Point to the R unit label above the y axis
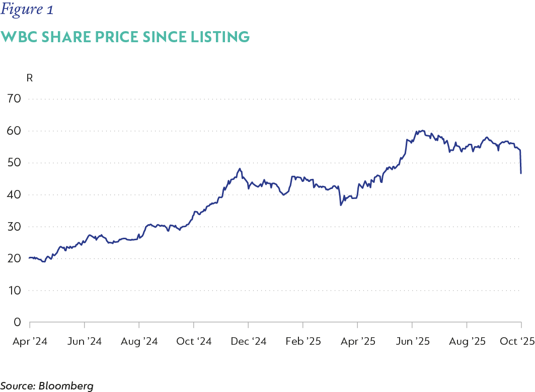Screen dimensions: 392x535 pyautogui.click(x=29, y=78)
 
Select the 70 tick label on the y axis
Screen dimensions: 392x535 pyautogui.click(x=14, y=99)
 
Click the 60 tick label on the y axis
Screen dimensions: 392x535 pyautogui.click(x=14, y=131)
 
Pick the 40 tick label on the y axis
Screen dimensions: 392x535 pyautogui.click(x=14, y=194)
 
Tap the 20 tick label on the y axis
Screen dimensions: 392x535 pyautogui.click(x=14, y=258)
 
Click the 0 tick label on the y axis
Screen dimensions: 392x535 pyautogui.click(x=17, y=322)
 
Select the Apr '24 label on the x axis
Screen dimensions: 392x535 pyautogui.click(x=30, y=341)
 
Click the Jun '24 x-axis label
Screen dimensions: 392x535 pyautogui.click(x=84, y=341)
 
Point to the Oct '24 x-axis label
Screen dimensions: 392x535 pyautogui.click(x=194, y=341)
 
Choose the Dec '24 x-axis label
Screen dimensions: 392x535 pyautogui.click(x=248, y=341)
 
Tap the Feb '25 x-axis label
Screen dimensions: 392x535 pyautogui.click(x=302, y=341)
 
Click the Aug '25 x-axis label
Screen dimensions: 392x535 pyautogui.click(x=467, y=341)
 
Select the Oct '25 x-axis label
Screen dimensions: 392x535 pyautogui.click(x=517, y=341)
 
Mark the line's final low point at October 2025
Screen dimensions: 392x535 pyautogui.click(x=521, y=173)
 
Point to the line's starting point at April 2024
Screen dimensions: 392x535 pyautogui.click(x=30, y=257)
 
